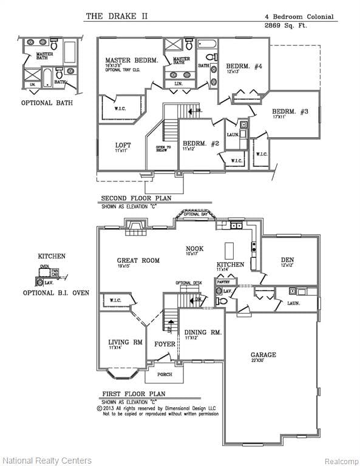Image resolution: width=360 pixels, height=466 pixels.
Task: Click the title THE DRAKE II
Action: click(116, 16)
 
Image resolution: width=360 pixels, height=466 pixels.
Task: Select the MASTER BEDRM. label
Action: click(131, 60)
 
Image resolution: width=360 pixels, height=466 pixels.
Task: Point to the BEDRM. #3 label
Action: click(290, 111)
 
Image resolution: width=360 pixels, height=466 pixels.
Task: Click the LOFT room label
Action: click(123, 145)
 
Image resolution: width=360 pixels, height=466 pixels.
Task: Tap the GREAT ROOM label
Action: click(138, 260)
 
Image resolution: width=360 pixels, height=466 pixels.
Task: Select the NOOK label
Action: click(194, 248)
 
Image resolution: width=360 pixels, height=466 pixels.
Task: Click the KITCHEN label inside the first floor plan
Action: click(230, 265)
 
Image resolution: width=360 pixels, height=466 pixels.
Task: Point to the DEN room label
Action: click(287, 259)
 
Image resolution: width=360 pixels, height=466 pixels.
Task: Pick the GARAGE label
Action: click(263, 354)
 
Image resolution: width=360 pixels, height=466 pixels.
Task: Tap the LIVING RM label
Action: click(125, 342)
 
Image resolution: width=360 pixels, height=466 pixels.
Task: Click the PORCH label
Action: click(165, 374)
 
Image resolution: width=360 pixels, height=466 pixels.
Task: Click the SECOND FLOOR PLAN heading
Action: click(136, 198)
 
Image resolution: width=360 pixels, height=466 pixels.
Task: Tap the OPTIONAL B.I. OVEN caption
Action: click(56, 292)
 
